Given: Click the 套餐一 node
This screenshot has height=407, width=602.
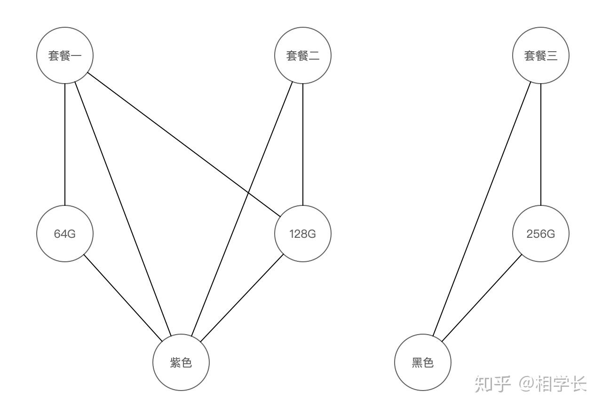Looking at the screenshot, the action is [x=65, y=55].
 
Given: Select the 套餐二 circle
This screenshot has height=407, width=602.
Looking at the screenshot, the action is [x=303, y=55].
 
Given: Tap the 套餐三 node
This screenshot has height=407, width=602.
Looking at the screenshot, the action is [x=540, y=55].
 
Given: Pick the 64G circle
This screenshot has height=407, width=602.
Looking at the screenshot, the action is [x=65, y=234].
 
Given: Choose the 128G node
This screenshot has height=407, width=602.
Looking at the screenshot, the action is [x=303, y=234].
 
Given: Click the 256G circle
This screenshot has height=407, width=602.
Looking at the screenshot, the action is [x=540, y=234].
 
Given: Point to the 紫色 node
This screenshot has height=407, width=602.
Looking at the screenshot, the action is [x=181, y=362].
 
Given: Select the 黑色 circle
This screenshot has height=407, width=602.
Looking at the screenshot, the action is [x=423, y=362].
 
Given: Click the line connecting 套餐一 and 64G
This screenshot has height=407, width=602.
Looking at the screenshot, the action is [x=65, y=144].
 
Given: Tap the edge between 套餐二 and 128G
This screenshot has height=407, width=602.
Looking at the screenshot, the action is [x=303, y=144].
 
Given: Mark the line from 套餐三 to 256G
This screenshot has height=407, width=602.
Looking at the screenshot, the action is [x=540, y=144].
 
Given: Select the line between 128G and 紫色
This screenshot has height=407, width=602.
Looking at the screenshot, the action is [x=242, y=298].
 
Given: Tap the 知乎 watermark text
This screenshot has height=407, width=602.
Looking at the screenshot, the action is [x=492, y=384].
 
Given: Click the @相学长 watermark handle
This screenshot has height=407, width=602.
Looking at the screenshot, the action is [x=553, y=384].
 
